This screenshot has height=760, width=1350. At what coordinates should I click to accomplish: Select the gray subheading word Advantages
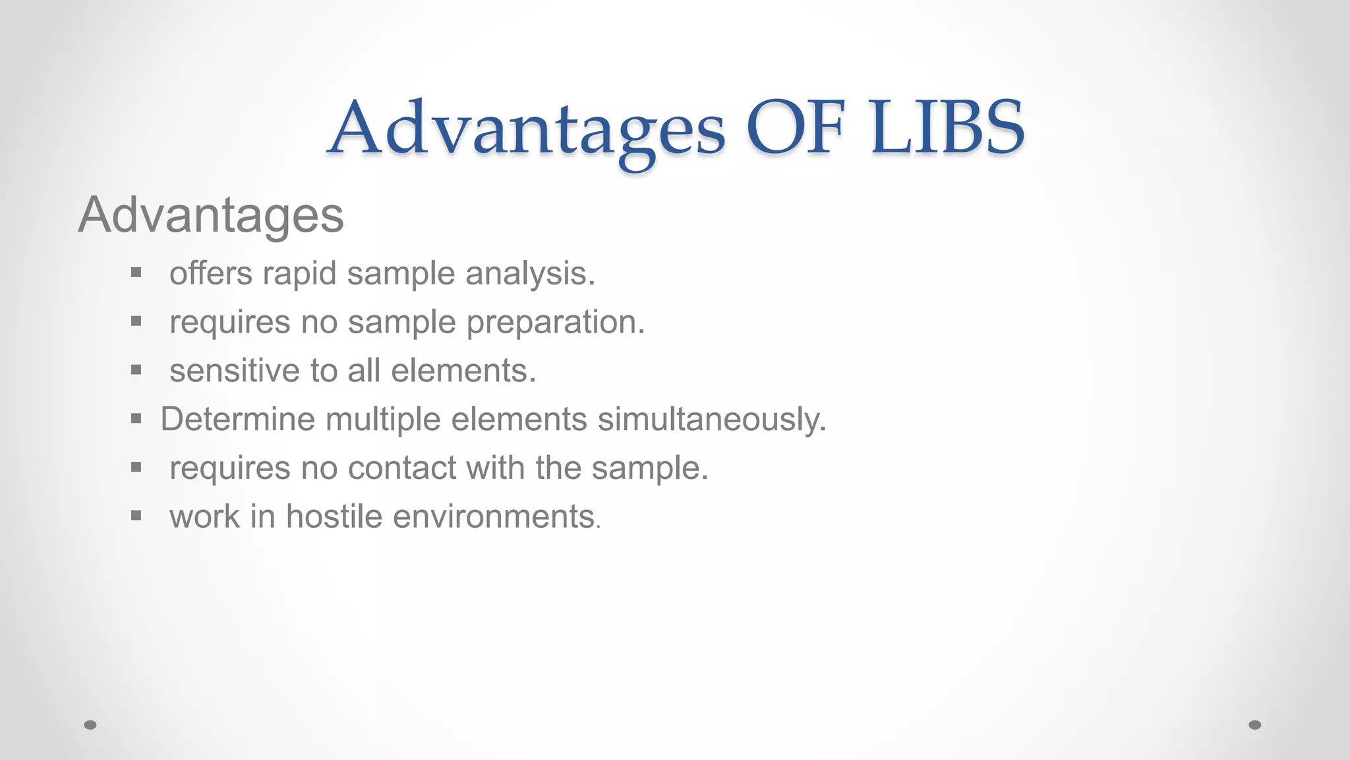tap(211, 215)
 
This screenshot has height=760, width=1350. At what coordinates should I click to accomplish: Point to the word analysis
tap(530, 274)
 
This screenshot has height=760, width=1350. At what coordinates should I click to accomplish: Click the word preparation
tap(555, 323)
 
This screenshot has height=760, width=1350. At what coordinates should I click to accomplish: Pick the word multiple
tap(383, 420)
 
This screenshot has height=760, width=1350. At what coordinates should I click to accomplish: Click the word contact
tap(402, 468)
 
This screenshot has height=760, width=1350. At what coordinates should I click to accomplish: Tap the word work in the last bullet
tap(204, 517)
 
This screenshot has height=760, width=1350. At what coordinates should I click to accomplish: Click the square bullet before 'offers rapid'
tap(136, 272)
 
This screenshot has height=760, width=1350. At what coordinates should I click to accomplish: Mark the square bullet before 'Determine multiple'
tap(136, 418)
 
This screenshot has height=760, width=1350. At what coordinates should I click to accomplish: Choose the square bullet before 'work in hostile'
tap(136, 515)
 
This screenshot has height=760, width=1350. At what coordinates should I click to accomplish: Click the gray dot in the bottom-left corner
tap(90, 725)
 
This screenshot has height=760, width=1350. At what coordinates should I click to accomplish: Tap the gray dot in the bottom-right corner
tap(1255, 725)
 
